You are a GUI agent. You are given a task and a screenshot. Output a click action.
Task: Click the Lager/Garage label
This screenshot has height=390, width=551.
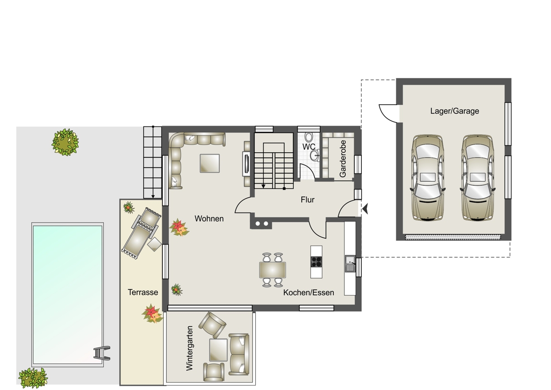455,111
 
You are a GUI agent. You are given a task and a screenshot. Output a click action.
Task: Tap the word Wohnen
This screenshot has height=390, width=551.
209,218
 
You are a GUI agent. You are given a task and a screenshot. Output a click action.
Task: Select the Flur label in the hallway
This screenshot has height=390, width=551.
308,200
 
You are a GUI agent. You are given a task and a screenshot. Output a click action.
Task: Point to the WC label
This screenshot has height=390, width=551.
309,147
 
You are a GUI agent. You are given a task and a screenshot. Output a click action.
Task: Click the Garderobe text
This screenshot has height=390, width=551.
343,159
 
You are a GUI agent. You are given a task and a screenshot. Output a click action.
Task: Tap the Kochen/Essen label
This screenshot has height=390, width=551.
309,292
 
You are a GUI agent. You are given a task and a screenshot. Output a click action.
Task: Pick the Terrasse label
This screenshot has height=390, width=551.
143,292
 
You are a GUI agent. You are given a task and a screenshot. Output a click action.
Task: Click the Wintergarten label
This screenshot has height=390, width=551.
189,348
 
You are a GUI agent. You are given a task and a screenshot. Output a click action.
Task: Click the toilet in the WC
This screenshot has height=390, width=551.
309,137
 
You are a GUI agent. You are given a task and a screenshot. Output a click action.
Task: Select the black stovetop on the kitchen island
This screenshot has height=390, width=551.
316,262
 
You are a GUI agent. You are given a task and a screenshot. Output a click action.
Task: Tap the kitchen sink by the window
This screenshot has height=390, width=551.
350,264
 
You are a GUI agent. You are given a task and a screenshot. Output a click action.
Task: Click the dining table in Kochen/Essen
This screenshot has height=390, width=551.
273,270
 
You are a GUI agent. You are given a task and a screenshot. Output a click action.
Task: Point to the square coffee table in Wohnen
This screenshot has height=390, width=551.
209,163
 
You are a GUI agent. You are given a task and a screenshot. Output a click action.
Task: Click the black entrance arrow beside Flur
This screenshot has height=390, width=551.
365,209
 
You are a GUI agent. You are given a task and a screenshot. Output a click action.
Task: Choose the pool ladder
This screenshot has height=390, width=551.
102,353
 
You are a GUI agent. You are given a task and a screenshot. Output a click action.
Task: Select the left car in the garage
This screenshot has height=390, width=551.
428,178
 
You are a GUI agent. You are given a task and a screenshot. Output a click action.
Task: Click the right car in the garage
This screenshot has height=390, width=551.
478,178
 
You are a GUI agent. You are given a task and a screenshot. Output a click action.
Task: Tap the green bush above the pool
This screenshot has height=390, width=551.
65,142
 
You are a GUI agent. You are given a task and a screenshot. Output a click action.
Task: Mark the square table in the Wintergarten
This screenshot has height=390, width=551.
218,350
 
